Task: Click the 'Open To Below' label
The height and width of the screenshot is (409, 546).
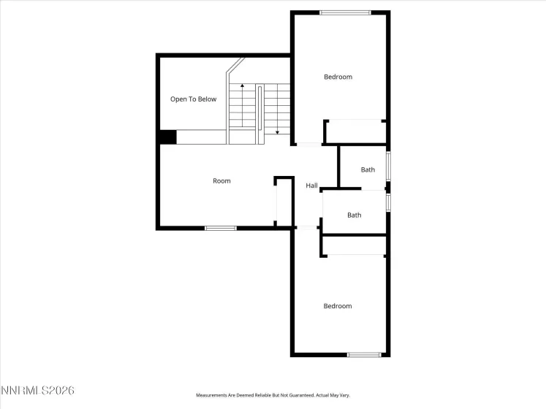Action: click(193, 99)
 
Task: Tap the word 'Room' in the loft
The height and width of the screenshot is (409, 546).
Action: click(221, 181)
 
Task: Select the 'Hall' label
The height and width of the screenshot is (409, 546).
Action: click(311, 186)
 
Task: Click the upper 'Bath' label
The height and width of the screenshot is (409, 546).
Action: click(368, 170)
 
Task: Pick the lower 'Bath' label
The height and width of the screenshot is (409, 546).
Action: click(354, 215)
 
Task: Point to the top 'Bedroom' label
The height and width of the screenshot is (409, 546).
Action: click(338, 77)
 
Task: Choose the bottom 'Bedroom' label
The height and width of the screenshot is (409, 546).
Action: click(338, 306)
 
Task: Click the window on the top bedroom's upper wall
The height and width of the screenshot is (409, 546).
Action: click(346, 12)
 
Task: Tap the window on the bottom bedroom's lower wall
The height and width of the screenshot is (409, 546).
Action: click(364, 355)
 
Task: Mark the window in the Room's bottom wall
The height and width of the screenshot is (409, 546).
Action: click(220, 229)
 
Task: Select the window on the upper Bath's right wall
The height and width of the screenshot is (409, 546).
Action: click(388, 166)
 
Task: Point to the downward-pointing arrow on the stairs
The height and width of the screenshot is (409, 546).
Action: click(278, 130)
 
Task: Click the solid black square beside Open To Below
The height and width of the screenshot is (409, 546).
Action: click(167, 137)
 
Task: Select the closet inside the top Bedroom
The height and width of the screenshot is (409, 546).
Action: click(354, 131)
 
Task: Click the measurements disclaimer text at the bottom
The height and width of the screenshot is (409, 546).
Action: click(272, 395)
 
